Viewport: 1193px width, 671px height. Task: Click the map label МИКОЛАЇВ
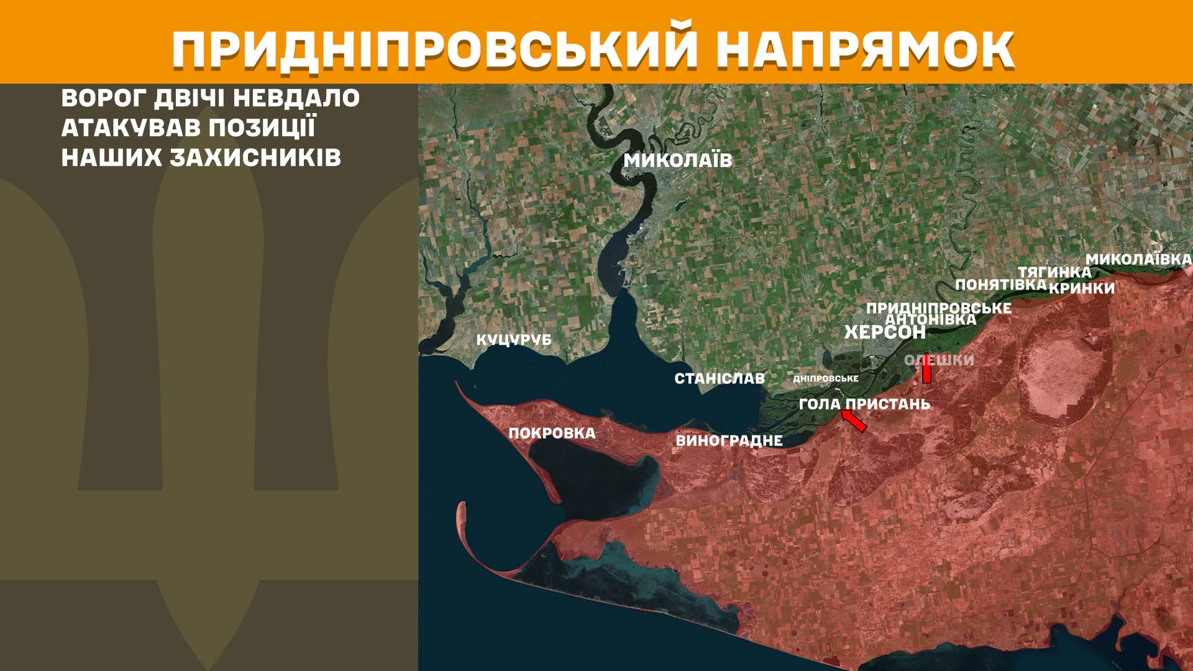pyautogui.click(x=678, y=161)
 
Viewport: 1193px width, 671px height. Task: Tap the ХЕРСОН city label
pyautogui.click(x=885, y=332)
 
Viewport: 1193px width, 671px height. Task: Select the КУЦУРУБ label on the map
pyautogui.click(x=514, y=340)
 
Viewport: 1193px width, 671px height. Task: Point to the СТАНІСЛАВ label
pyautogui.click(x=720, y=378)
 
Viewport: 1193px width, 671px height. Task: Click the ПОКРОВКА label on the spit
pyautogui.click(x=552, y=433)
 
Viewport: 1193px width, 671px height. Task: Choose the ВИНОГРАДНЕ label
pyautogui.click(x=729, y=440)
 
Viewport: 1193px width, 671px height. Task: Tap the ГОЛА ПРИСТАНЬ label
pyautogui.click(x=864, y=404)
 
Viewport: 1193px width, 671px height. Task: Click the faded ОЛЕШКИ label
pyautogui.click(x=939, y=360)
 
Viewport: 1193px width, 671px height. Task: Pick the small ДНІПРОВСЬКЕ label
pyautogui.click(x=826, y=378)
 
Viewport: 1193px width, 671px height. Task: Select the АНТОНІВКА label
pyautogui.click(x=930, y=319)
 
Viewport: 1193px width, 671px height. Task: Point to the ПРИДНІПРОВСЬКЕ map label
pyautogui.click(x=938, y=308)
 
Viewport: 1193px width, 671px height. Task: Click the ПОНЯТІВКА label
pyautogui.click(x=1000, y=285)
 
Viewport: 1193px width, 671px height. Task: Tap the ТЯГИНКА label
pyautogui.click(x=1054, y=272)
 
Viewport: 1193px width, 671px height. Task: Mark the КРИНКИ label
pyautogui.click(x=1082, y=288)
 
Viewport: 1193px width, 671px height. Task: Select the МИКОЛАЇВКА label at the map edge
pyautogui.click(x=1138, y=259)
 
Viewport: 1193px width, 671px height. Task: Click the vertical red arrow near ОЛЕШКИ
pyautogui.click(x=926, y=369)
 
